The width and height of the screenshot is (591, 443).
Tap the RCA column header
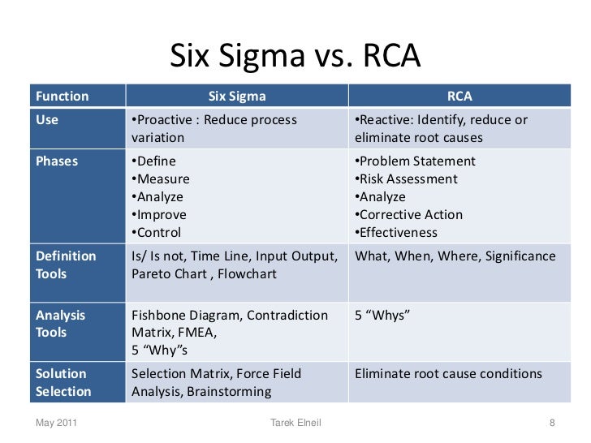(x=459, y=97)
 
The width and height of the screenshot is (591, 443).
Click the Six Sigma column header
(x=237, y=97)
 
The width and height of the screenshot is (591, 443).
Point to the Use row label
(x=48, y=120)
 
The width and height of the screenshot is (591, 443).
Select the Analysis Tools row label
(x=61, y=323)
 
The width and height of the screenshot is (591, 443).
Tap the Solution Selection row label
(x=64, y=382)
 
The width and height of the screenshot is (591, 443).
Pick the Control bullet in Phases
(x=159, y=233)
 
